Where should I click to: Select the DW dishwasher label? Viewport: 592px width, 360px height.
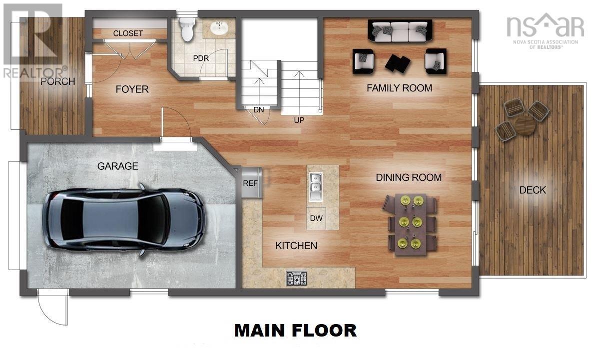(316, 218)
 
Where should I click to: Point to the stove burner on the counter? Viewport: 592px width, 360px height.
(297, 278)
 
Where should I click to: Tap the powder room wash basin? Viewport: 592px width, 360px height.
(218, 28)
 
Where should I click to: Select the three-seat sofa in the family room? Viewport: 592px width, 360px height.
(401, 31)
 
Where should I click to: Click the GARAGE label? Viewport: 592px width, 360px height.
(117, 166)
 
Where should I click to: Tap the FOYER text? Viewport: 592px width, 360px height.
(132, 89)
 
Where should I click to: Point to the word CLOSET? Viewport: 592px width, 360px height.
(128, 33)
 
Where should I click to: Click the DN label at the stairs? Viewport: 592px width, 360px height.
(258, 110)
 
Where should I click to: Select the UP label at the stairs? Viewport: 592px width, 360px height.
(299, 120)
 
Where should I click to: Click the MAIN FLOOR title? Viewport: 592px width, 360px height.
(296, 331)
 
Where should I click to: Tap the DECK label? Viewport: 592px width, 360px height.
(532, 190)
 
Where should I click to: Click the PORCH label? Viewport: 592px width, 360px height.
(58, 81)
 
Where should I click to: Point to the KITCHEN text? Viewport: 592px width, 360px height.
(296, 246)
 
